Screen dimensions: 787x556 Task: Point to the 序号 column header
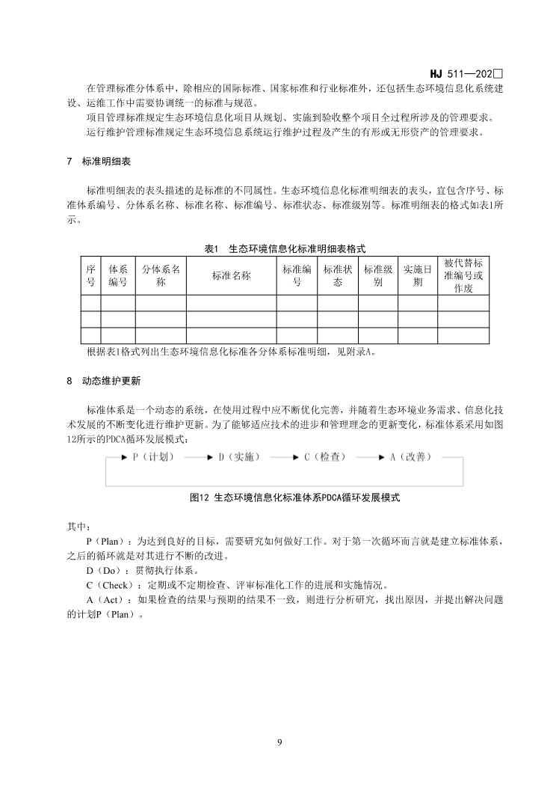click(x=90, y=275)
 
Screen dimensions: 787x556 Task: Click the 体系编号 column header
click(x=118, y=275)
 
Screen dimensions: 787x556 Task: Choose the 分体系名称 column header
click(x=161, y=275)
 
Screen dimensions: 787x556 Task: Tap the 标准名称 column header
click(x=231, y=275)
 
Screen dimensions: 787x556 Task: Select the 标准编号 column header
click(x=297, y=275)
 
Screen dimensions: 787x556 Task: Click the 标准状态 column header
click(x=337, y=275)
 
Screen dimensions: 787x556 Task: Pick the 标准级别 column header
click(x=377, y=275)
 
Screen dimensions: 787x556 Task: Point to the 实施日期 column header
click(x=417, y=275)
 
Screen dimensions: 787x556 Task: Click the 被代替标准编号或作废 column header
click(x=463, y=275)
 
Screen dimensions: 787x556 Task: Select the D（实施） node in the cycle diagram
click(x=239, y=456)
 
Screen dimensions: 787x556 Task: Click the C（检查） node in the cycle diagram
click(x=325, y=456)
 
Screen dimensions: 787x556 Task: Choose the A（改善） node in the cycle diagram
click(x=411, y=456)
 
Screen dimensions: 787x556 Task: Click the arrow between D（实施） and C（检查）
click(x=282, y=456)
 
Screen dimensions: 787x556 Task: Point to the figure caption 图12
click(x=285, y=496)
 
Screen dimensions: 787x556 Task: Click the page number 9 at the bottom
click(x=279, y=742)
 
